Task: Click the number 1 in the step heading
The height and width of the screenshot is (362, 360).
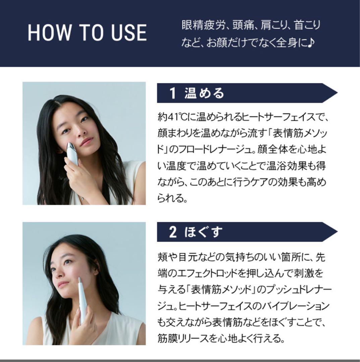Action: click(x=173, y=93)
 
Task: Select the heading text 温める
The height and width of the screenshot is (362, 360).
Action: click(x=204, y=93)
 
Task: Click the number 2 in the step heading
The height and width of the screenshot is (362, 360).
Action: click(x=173, y=232)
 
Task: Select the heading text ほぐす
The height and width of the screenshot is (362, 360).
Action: click(x=204, y=232)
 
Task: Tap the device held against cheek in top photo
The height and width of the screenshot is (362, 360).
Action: click(x=72, y=154)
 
